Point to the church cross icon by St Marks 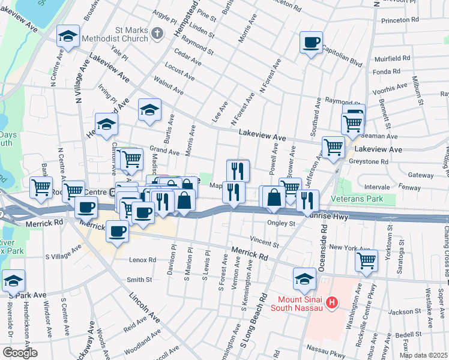(x=157, y=34)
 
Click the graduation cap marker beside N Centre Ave (x=68, y=37)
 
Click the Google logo (x=20, y=353)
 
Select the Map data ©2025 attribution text (x=423, y=355)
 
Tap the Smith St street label (x=139, y=280)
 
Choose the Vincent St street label (x=265, y=241)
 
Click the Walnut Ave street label (x=168, y=85)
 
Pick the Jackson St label (x=402, y=312)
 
